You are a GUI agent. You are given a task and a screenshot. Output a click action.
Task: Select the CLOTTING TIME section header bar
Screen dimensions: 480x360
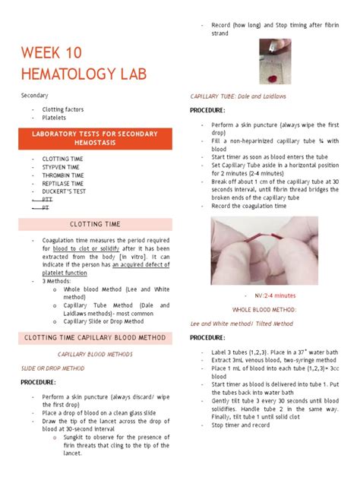95,224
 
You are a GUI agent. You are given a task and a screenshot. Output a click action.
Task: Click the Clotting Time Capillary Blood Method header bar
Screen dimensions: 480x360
95,337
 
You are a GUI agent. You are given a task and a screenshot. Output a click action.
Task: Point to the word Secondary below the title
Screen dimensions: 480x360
34,96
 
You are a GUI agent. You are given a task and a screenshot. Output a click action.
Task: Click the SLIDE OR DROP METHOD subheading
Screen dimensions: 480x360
52,368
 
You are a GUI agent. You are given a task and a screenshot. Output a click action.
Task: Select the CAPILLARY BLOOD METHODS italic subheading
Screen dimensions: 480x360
94,354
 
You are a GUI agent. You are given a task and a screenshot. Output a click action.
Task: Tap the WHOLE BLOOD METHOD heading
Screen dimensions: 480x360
264,310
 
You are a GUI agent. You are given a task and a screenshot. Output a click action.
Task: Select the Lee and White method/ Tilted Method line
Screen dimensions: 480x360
241,323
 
